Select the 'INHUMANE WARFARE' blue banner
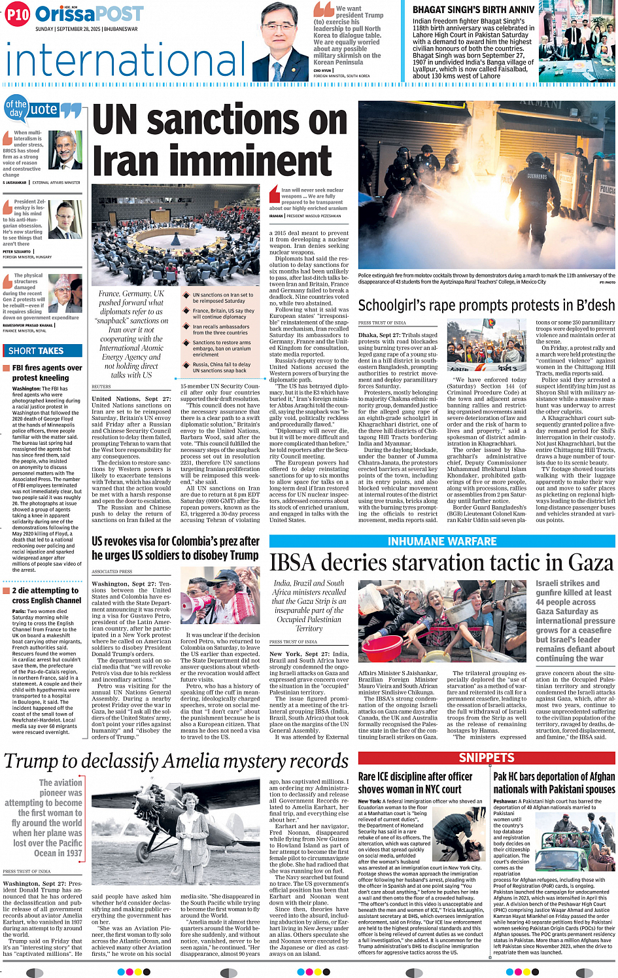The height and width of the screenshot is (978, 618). point(442,541)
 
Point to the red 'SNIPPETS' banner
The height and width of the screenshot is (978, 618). point(487,758)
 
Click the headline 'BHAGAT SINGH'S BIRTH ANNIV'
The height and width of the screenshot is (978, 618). point(473,10)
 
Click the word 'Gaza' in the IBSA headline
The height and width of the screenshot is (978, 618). point(583,563)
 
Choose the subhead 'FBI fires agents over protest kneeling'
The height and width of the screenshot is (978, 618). point(47,373)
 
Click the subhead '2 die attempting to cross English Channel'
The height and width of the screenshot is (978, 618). point(46,595)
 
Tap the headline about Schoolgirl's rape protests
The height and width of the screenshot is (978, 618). point(486,306)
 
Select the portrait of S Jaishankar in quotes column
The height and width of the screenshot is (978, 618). point(65,150)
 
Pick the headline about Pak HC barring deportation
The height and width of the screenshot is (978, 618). point(553,782)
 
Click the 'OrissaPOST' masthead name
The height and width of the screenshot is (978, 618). point(89,14)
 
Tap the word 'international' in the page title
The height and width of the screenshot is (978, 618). point(118,60)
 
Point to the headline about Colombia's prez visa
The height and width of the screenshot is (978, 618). point(175,548)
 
